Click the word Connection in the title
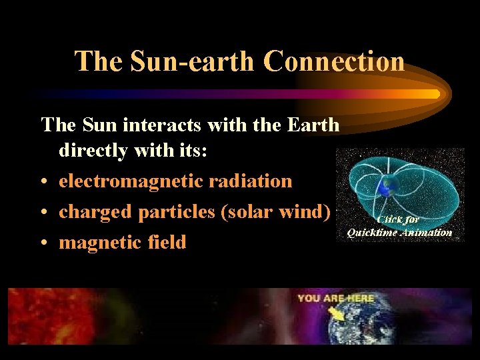(x=333, y=61)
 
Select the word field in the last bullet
(x=165, y=242)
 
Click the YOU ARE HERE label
(x=335, y=298)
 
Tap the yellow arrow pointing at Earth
(x=337, y=312)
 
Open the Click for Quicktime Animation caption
(x=399, y=225)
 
